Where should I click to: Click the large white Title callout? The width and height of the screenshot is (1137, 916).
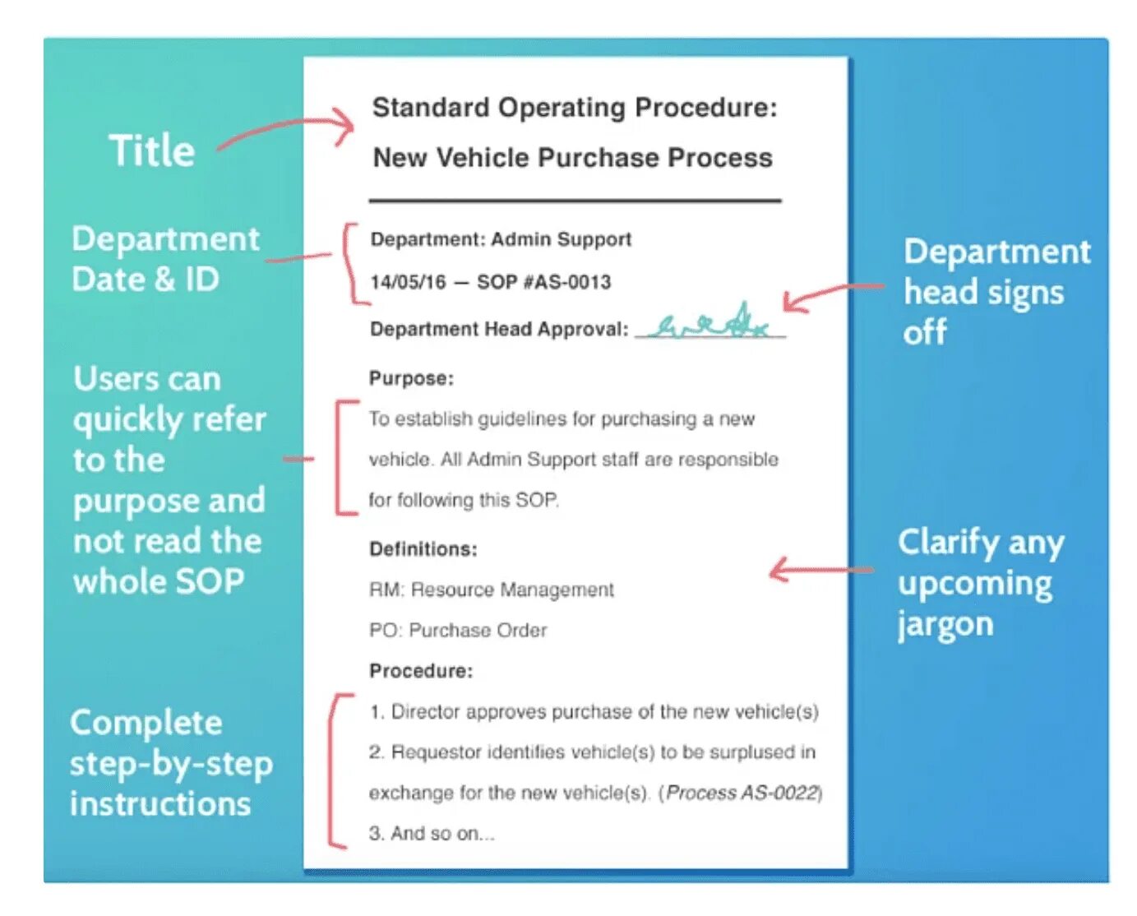click(152, 150)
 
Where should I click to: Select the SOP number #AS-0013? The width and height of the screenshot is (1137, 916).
click(543, 282)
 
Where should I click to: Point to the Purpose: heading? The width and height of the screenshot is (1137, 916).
click(411, 378)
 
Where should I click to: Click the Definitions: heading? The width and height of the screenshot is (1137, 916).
click(423, 548)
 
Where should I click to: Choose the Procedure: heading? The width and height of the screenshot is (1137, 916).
click(421, 671)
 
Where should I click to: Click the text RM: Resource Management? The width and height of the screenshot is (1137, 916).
click(491, 590)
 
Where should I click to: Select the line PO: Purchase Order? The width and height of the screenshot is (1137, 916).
click(458, 630)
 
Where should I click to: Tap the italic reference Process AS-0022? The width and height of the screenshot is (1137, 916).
click(742, 793)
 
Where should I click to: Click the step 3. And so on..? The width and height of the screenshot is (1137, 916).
click(432, 833)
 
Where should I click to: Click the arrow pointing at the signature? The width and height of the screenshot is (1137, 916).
click(830, 294)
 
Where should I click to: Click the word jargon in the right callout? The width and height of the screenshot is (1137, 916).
click(945, 624)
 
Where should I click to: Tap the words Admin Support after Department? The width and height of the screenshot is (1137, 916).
click(562, 239)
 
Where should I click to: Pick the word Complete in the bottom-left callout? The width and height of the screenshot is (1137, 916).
click(146, 723)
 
